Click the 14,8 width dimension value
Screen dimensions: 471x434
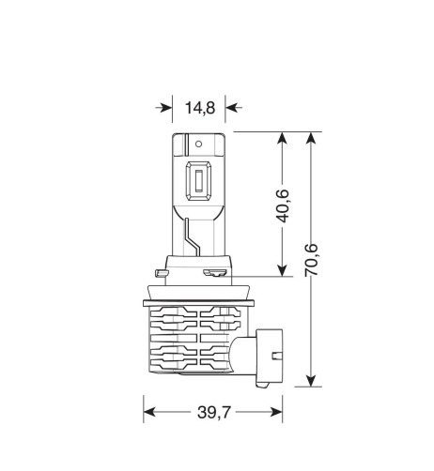199,108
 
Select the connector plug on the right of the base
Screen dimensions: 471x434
271,355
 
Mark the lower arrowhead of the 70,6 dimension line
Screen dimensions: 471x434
309,380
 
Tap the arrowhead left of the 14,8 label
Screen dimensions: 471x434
166,108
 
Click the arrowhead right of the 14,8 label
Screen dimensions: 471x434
230,108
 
